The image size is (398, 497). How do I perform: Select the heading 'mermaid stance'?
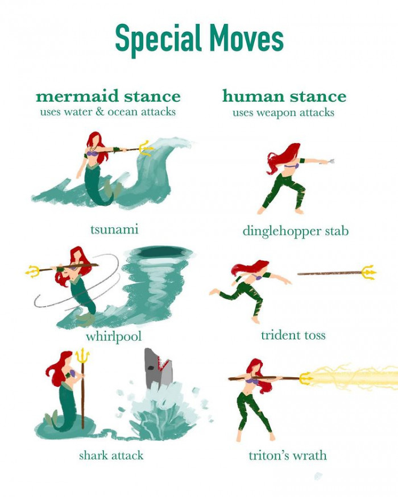[x=108, y=95]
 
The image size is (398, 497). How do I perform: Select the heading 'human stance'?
[x=284, y=95]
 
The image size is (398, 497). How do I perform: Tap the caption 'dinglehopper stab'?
[x=295, y=231]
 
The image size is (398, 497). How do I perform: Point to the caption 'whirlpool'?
[x=114, y=336]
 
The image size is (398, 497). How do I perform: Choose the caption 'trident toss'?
[x=293, y=335]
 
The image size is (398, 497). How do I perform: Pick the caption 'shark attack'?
[x=111, y=455]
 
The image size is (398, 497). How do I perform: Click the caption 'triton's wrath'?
[x=288, y=456]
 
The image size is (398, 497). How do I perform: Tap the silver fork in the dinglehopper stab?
[x=329, y=162]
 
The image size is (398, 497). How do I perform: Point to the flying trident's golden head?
[x=367, y=273]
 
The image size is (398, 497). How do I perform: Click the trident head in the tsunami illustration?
[x=146, y=148]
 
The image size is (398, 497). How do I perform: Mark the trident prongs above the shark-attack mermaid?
[x=82, y=356]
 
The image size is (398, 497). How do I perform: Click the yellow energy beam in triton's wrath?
[x=353, y=377]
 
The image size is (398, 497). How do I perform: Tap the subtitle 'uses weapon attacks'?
[x=283, y=112]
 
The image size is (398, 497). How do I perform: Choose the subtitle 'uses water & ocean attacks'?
[x=107, y=112]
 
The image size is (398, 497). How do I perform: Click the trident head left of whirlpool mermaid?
[x=34, y=271]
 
